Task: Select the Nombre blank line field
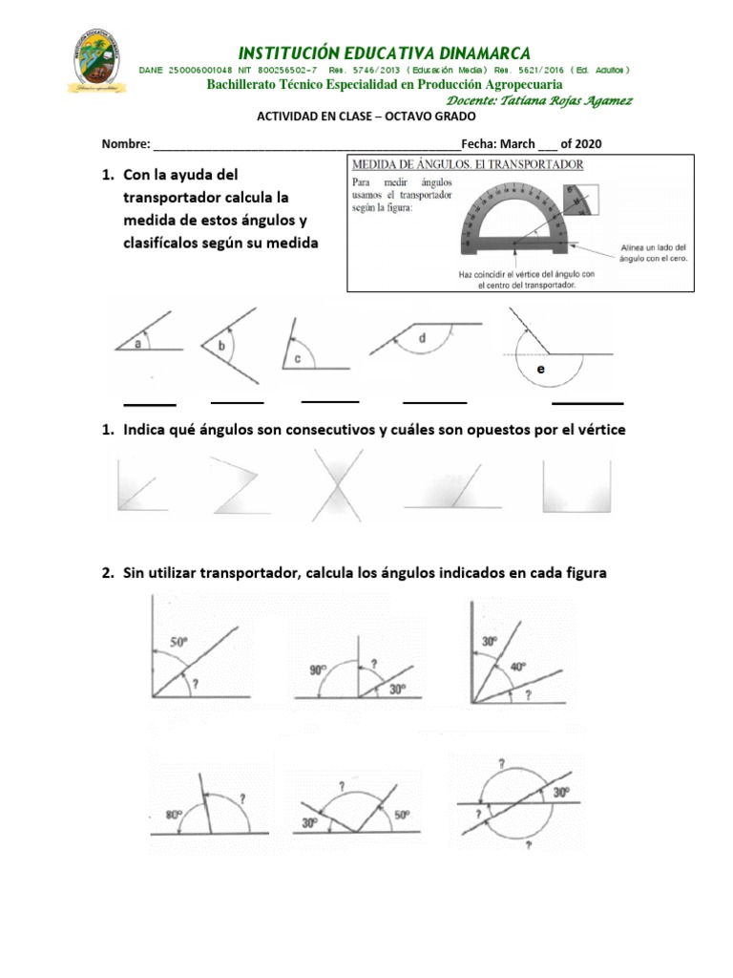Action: pos(305,145)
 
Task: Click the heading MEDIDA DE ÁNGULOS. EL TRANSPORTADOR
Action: pos(468,164)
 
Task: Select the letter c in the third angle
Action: pos(297,359)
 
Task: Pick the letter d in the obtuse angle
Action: pos(421,338)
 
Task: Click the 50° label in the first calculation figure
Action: pos(178,644)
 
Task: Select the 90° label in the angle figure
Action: pos(318,670)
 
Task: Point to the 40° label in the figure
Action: pos(516,667)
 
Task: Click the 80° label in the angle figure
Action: pos(172,815)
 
